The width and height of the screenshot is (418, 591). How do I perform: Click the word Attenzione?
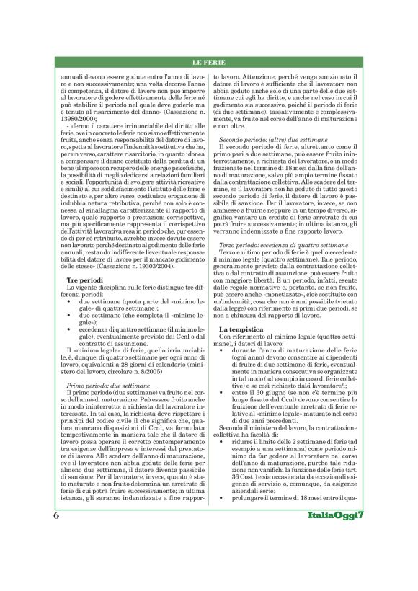[x=253, y=76]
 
